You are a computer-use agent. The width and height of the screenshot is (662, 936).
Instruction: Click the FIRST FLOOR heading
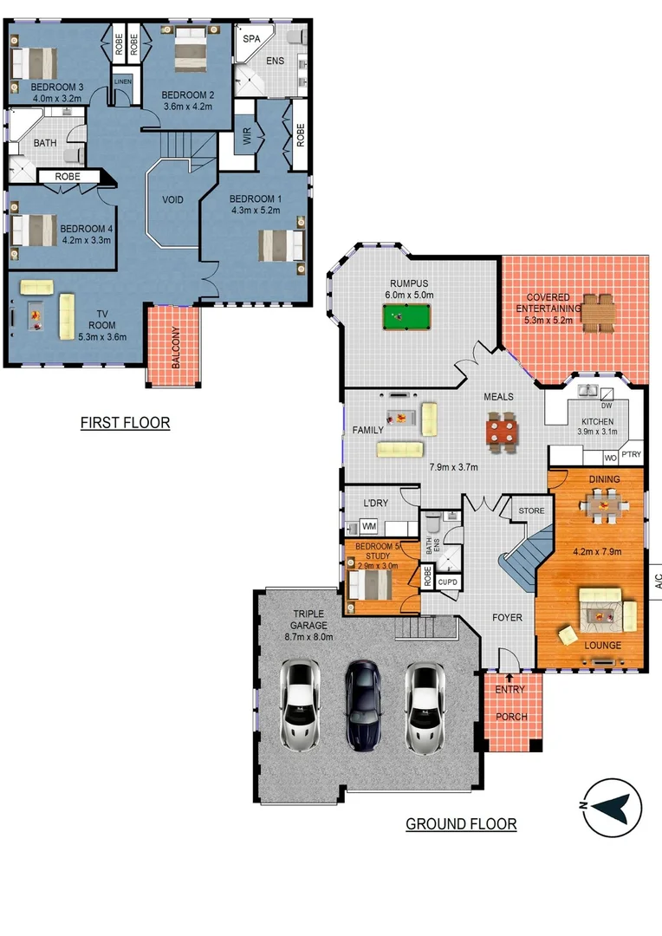125,423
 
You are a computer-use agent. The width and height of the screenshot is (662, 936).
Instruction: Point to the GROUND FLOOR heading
461,823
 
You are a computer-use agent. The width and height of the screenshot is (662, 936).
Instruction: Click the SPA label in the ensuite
251,40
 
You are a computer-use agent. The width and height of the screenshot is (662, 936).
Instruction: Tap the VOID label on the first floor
173,199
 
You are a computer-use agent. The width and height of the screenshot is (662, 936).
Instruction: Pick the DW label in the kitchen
606,406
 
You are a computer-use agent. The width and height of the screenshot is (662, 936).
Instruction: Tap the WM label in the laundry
368,526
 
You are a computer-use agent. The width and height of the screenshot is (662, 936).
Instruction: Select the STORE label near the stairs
531,511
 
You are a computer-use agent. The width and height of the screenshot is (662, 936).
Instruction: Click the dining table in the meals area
502,430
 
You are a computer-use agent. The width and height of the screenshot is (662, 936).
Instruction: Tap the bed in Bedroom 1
282,244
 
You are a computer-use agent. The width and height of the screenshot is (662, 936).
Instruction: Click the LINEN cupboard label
122,81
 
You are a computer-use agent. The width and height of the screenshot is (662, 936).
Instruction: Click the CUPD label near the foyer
447,582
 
